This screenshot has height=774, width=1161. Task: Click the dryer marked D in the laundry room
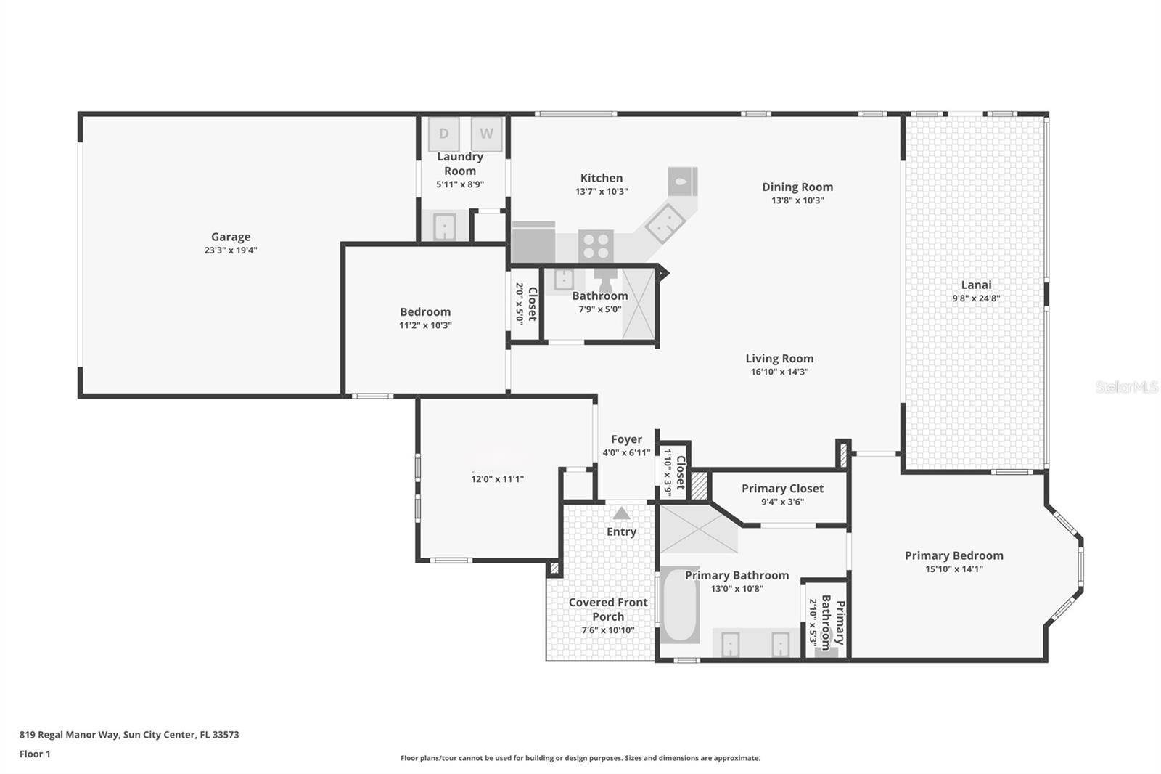(x=443, y=134)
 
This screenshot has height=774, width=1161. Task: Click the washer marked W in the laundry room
(x=486, y=134)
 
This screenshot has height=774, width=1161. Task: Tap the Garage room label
(x=231, y=237)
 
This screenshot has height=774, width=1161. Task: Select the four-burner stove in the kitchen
(x=596, y=245)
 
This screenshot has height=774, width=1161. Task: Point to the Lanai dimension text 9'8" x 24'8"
(x=976, y=298)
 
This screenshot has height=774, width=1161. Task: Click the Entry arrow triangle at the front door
(x=621, y=513)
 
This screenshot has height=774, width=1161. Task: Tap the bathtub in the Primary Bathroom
(x=680, y=606)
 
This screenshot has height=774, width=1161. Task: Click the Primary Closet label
(x=782, y=489)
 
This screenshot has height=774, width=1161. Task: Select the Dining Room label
(x=797, y=187)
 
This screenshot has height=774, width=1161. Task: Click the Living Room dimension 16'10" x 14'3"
(x=779, y=372)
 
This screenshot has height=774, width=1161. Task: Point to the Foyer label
(x=626, y=439)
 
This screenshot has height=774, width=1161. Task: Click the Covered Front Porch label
(x=608, y=609)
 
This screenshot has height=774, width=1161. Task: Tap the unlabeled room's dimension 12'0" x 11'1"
(x=497, y=479)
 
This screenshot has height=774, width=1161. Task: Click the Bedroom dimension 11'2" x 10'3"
(x=425, y=325)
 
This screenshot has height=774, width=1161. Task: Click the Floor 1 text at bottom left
(x=35, y=754)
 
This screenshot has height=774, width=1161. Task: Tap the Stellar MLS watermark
(x=1126, y=387)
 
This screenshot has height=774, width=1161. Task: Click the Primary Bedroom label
(x=953, y=555)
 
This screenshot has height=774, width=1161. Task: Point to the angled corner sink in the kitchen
(x=665, y=223)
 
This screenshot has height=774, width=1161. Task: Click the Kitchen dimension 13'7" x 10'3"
(x=601, y=192)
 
